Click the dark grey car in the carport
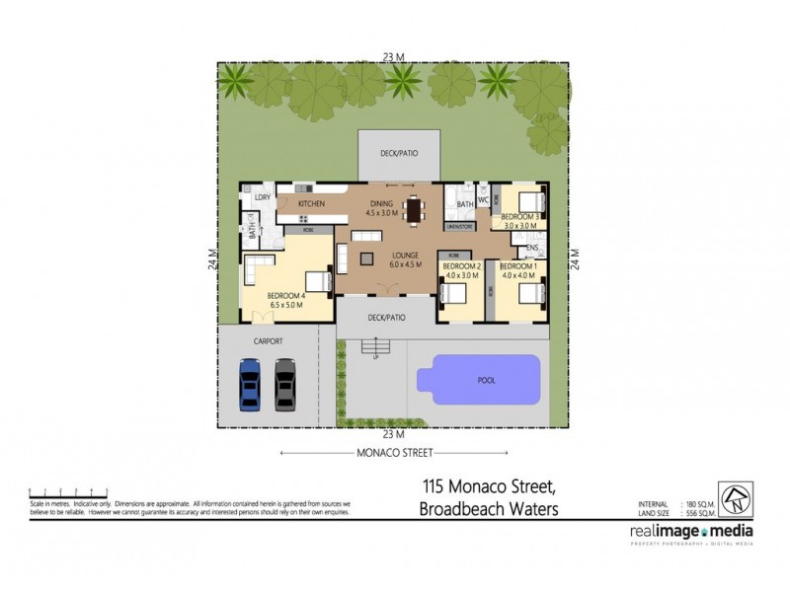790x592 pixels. [285, 383]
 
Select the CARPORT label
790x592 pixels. [268, 340]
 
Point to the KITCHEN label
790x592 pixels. [312, 203]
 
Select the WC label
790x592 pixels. [484, 200]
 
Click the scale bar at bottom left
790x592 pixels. [69, 490]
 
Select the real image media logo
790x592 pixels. [691, 532]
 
